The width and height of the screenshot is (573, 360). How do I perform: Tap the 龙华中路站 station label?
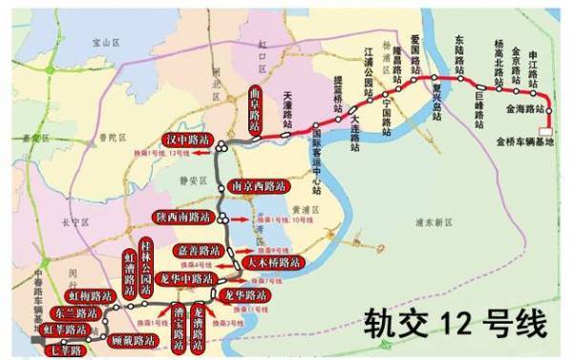point(190,278)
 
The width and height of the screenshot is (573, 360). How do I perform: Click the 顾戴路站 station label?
point(132,339)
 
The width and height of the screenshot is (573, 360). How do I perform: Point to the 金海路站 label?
point(520,112)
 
